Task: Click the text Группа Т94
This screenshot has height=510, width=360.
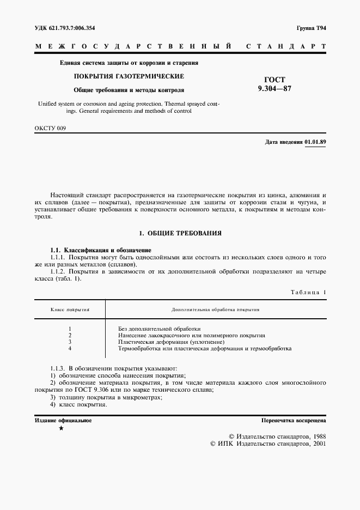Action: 311,27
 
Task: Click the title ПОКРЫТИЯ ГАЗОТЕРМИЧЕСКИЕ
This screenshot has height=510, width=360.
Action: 129,76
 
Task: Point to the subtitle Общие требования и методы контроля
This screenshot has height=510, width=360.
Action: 129,89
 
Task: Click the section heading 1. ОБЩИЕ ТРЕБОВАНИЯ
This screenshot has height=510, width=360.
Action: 180,233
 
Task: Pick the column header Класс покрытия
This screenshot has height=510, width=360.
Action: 70,309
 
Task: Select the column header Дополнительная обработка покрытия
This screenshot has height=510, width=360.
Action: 215,309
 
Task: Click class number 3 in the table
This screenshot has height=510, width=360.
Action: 71,342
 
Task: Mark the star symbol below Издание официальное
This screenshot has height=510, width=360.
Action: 61,429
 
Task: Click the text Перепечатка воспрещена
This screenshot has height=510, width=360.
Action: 294,421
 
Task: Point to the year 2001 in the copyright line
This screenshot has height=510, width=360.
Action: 316,444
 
